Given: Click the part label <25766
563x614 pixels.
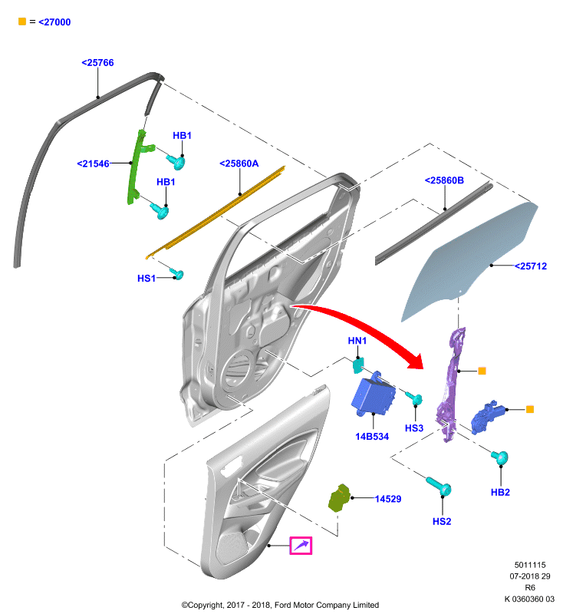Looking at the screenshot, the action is [97, 63].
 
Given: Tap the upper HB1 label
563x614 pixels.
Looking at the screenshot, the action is [182, 136].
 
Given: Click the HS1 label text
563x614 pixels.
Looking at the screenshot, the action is [147, 279].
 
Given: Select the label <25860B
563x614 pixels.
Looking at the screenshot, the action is [444, 180].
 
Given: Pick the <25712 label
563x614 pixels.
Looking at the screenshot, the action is [531, 266].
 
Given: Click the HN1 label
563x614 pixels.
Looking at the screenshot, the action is [357, 341].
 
